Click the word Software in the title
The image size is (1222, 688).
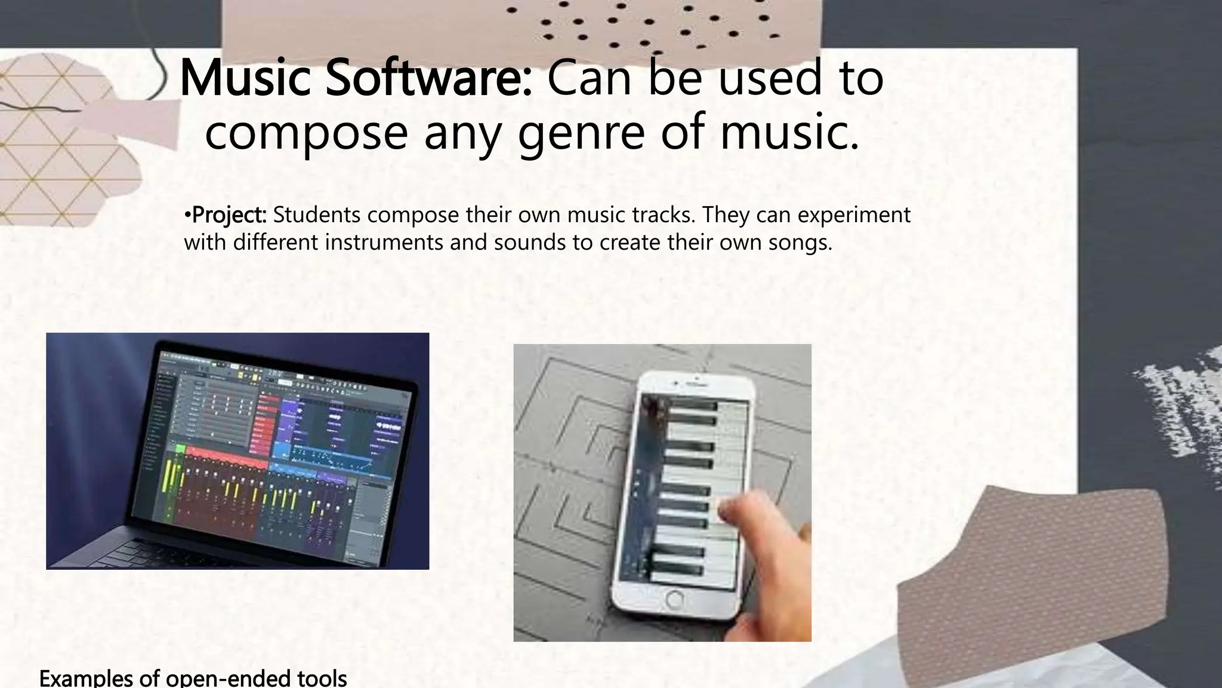[428, 78]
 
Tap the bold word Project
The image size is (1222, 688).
[229, 214]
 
